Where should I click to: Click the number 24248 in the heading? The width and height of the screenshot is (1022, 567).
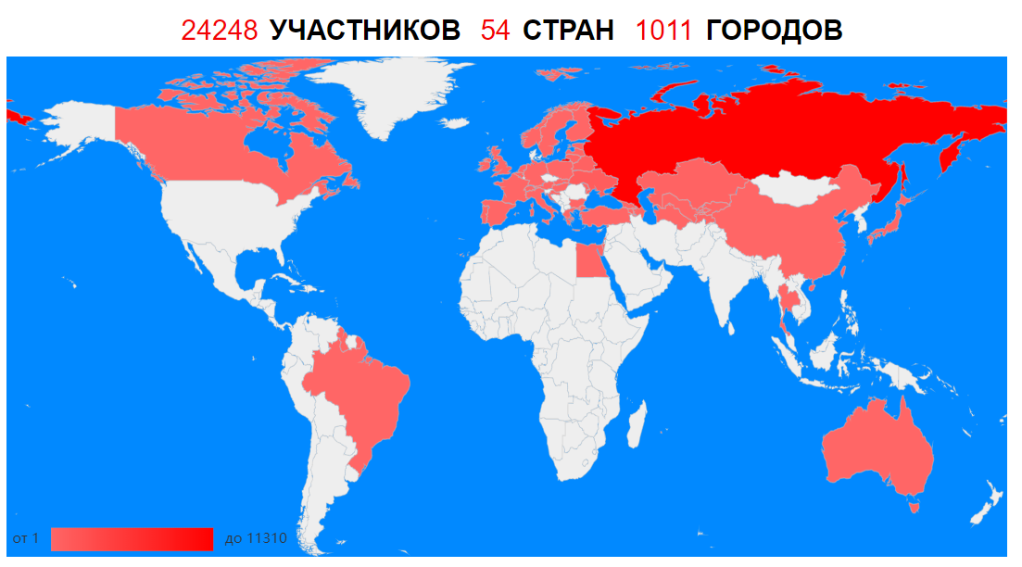[x=219, y=31]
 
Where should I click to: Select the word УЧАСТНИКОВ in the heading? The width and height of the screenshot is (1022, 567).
[x=364, y=31]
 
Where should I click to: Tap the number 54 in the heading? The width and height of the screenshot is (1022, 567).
[x=495, y=31]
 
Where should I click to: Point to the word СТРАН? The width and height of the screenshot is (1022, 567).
[x=568, y=31]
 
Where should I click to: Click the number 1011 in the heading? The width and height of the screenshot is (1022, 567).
[x=663, y=31]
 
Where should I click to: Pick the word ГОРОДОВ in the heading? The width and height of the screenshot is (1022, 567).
[x=774, y=31]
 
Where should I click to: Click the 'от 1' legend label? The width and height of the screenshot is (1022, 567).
[x=26, y=538]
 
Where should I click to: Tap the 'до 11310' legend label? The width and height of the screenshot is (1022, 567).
[x=256, y=538]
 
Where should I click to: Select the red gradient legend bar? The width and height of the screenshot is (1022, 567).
[x=132, y=538]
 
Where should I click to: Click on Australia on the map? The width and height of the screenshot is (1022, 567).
[x=876, y=445]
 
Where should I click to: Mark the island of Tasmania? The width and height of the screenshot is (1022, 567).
[x=916, y=504]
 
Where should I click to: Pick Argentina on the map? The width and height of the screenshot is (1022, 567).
[x=329, y=482]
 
